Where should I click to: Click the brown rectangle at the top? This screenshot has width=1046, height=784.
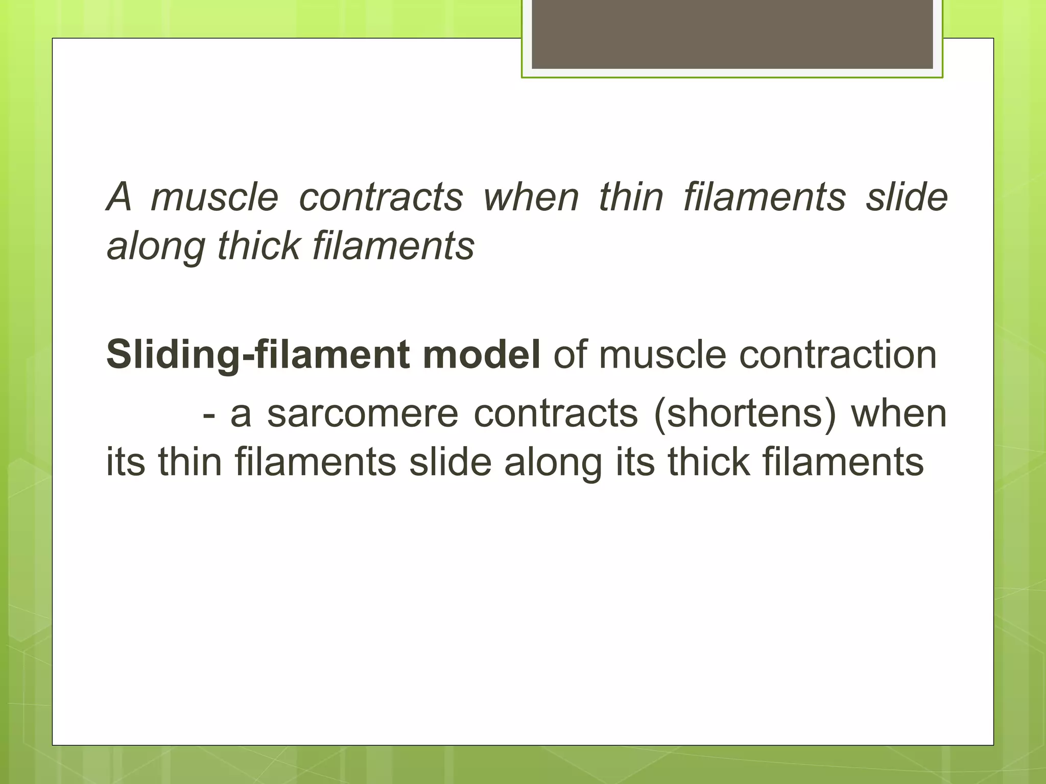pos(732,34)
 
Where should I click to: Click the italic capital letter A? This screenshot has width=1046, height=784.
pos(119,197)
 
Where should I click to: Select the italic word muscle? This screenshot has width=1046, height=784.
pos(215,197)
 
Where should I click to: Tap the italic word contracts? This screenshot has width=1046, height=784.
pos(381,197)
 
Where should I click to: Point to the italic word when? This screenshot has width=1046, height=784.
pos(531,197)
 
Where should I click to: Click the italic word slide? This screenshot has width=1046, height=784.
pos(907,197)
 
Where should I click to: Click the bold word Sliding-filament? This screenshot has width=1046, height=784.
pos(257,355)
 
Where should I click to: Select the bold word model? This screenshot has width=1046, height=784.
pos(482,355)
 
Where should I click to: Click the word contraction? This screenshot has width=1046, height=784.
pos(838,355)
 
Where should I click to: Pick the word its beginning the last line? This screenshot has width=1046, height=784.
pos(125,462)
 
